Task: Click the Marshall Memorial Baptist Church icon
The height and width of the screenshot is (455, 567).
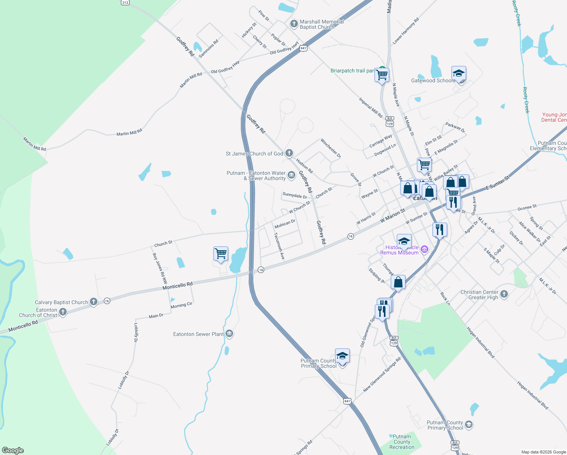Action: (294, 24)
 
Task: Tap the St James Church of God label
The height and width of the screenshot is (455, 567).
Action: (254, 154)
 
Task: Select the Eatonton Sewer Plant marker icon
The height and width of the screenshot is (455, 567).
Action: (229, 334)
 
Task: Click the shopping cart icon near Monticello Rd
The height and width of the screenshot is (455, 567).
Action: (221, 253)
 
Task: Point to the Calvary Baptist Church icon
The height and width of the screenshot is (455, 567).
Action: (94, 302)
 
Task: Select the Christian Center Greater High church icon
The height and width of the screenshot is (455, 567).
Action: (504, 294)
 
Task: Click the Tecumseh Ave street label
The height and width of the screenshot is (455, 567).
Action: (279, 246)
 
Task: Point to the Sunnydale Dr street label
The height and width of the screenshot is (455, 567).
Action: (294, 196)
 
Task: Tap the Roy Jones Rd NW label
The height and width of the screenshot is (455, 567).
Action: (160, 268)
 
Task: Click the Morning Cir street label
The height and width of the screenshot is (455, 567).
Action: (181, 305)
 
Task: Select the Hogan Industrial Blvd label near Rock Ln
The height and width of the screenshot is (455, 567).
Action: (481, 343)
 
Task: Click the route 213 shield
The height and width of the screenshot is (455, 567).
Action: (125, 2)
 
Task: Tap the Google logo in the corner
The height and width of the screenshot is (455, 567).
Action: (13, 450)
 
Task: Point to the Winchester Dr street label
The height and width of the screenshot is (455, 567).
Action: (330, 148)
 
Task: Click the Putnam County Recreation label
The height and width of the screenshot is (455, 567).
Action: (402, 442)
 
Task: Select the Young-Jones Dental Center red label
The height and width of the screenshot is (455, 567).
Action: (554, 117)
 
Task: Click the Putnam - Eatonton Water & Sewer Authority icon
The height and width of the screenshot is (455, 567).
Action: (291, 175)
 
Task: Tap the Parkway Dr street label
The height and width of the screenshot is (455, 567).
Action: (455, 127)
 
